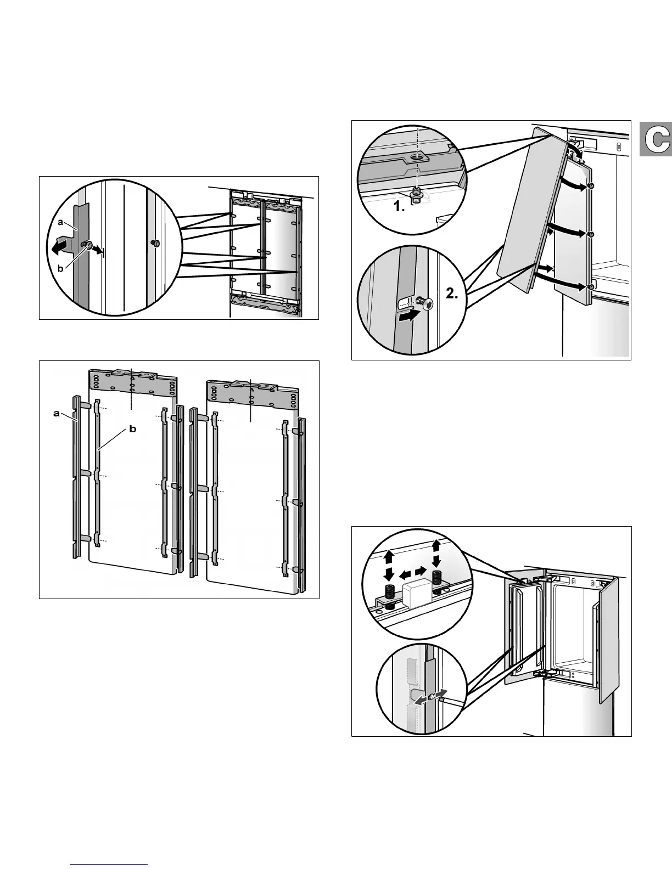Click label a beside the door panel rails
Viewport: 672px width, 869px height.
[56, 414]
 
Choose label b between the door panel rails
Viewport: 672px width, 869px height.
[132, 430]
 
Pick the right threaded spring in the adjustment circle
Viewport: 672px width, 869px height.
[438, 579]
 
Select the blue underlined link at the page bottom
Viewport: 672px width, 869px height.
[110, 864]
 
